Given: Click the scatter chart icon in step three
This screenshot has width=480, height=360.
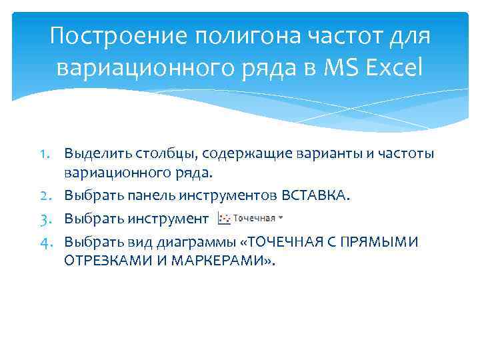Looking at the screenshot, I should pyautogui.click(x=225, y=217).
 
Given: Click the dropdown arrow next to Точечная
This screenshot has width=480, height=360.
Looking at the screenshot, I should pyautogui.click(x=280, y=217).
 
